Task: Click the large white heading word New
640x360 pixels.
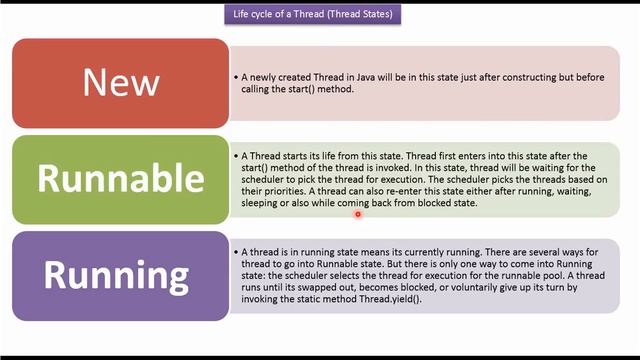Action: click(119, 83)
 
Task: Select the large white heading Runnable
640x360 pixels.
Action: click(120, 178)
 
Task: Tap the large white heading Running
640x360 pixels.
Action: click(118, 273)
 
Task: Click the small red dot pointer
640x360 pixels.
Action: click(357, 212)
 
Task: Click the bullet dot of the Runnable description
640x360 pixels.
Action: click(234, 157)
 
